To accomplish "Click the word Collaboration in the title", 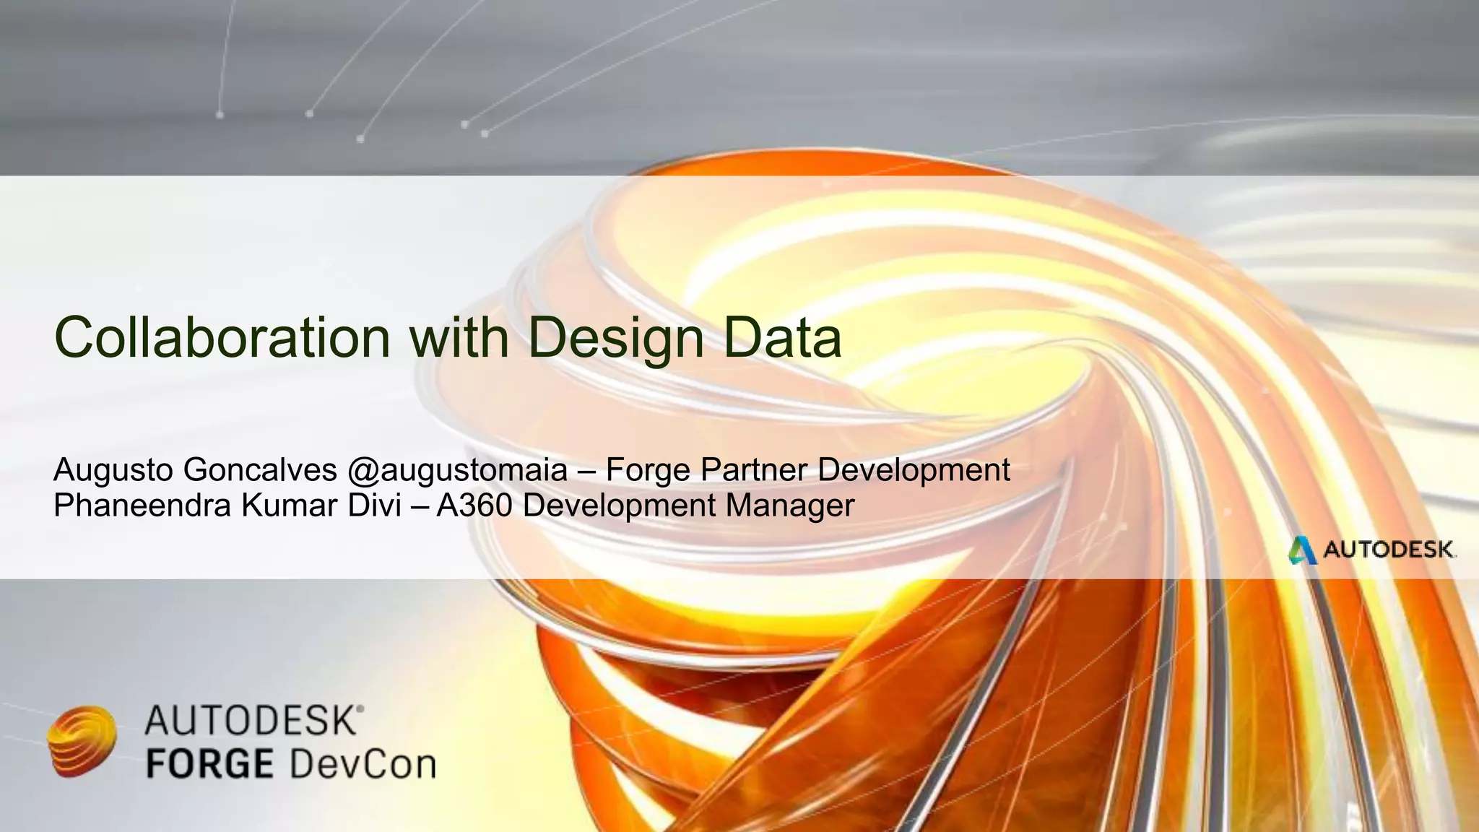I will pos(222,337).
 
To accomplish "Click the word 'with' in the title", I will pos(459,337).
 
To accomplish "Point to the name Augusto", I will pos(113,471).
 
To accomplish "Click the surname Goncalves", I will pos(260,471).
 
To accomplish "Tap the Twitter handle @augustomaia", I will pos(457,471).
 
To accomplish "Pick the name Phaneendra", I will pos(142,505).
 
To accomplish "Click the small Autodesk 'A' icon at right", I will pos(1302,550).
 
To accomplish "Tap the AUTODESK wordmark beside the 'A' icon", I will pos(1389,550).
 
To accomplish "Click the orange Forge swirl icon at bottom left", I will pos(82,741).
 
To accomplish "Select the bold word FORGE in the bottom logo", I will pos(209,764).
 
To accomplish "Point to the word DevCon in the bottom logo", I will pos(363,764).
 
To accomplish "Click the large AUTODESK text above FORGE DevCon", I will pos(250,721).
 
